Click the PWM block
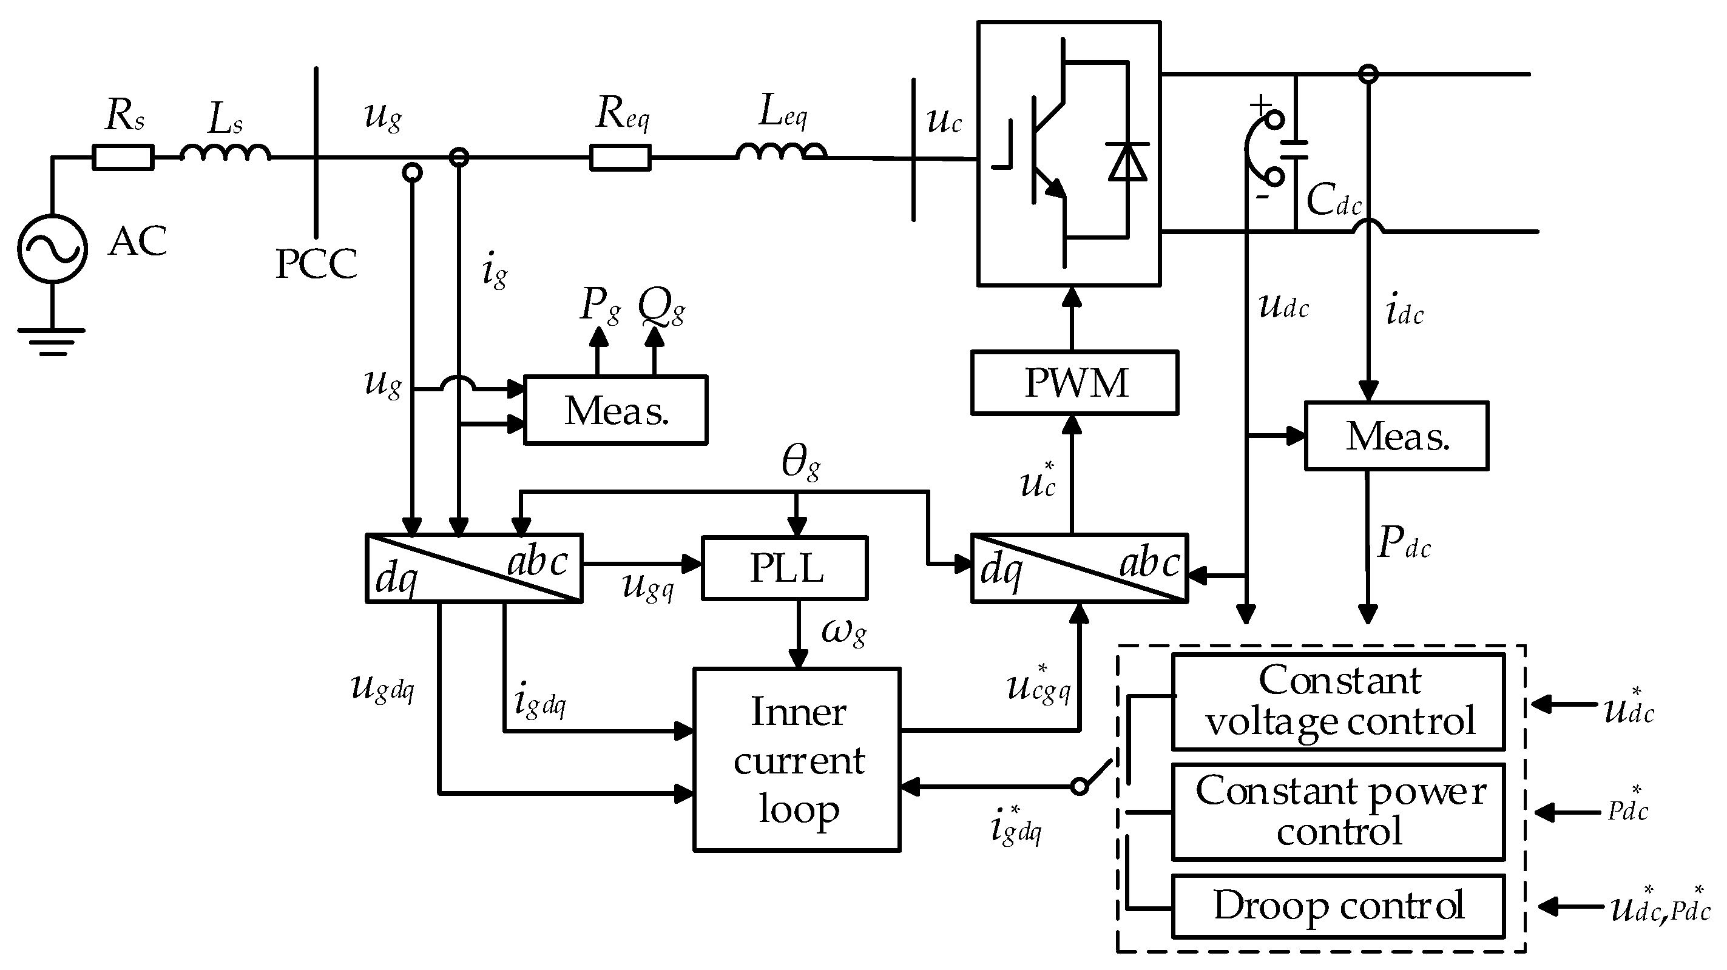(1075, 383)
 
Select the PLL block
(785, 568)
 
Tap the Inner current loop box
(797, 759)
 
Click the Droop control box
(1338, 906)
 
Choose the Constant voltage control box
(1338, 701)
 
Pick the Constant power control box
(1338, 812)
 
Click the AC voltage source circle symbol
(52, 249)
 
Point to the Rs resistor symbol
(123, 158)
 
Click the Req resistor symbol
(620, 158)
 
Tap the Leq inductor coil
(781, 153)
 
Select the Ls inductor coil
(225, 153)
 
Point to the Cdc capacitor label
(1333, 200)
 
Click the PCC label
(316, 264)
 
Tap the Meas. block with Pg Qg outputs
(615, 410)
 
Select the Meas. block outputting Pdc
(1396, 436)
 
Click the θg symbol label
(800, 462)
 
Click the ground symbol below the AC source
(52, 340)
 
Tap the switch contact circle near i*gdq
(1080, 786)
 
